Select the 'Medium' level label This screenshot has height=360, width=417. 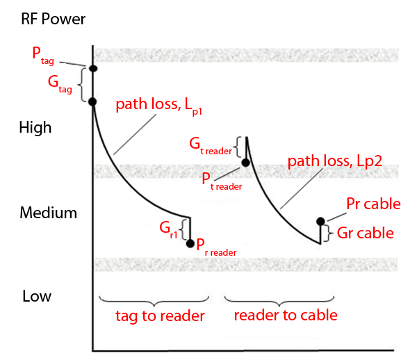47,213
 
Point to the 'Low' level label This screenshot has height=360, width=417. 36,297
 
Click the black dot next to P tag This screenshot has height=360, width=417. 92,68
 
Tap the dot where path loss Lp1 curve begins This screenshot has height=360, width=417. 92,101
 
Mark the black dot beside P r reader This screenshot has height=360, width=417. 190,243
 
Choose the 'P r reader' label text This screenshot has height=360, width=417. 216,245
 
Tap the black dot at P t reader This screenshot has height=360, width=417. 245,163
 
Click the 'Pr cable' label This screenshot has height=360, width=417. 373,204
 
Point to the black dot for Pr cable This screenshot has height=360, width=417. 320,222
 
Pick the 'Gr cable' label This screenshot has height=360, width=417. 366,234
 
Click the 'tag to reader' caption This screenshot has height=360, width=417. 160,316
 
